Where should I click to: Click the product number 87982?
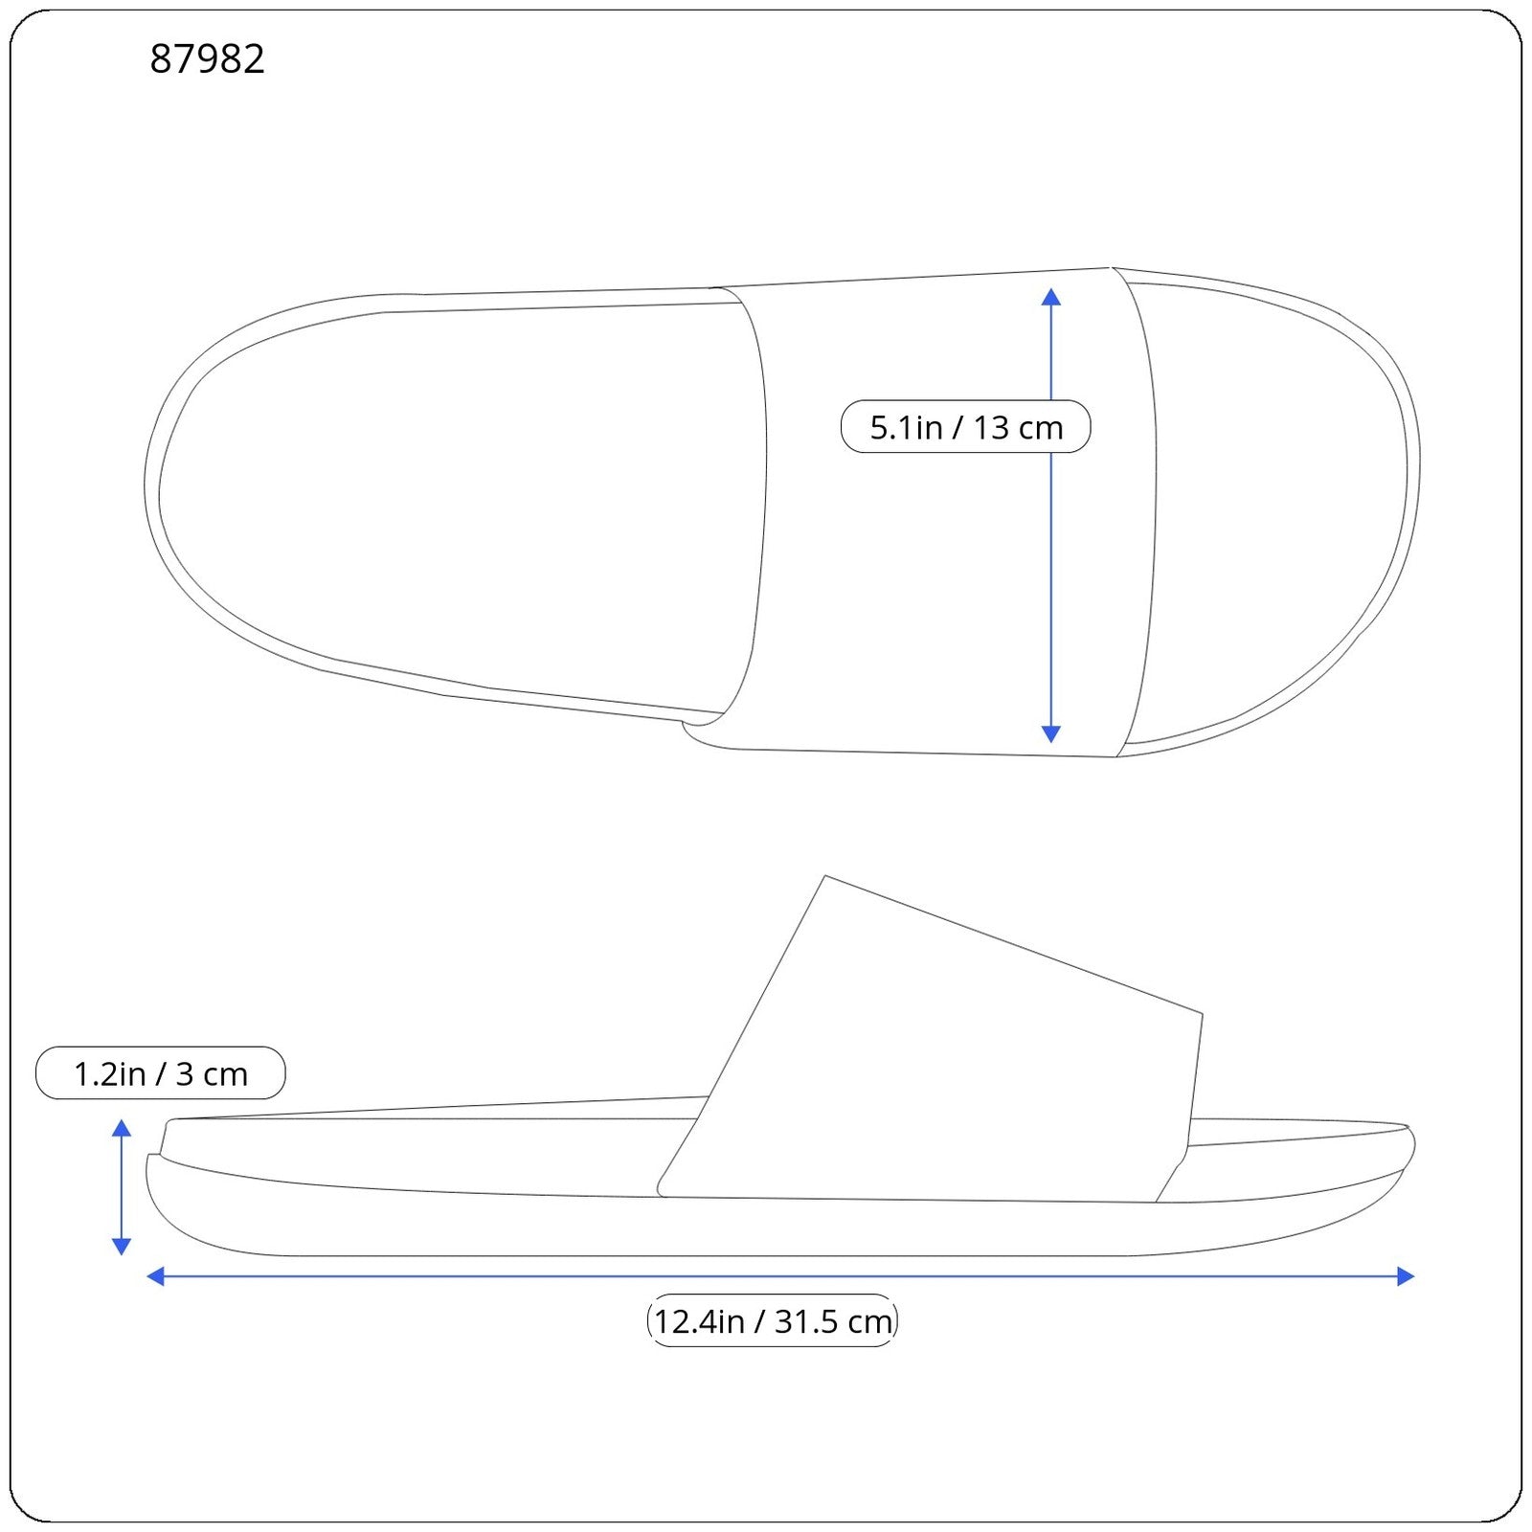pyautogui.click(x=207, y=59)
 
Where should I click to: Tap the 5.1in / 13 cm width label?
pyautogui.click(x=965, y=427)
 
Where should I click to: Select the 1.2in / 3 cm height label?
pyautogui.click(x=160, y=1073)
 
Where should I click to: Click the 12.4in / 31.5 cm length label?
pyautogui.click(x=772, y=1321)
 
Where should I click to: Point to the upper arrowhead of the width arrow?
pyautogui.click(x=1050, y=296)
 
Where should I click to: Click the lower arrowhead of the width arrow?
pyautogui.click(x=1050, y=734)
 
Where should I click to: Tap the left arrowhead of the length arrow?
pyautogui.click(x=155, y=1275)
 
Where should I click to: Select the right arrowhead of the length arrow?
pyautogui.click(x=1406, y=1275)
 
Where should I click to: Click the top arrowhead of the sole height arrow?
pyautogui.click(x=122, y=1127)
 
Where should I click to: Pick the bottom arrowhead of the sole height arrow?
pyautogui.click(x=122, y=1246)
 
